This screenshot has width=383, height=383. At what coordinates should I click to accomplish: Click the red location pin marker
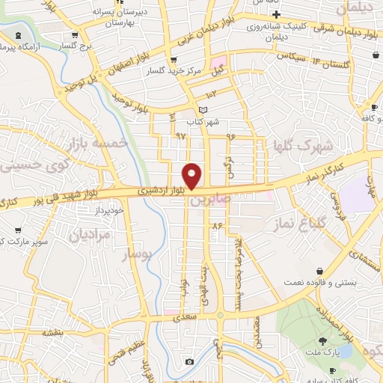point(192,176)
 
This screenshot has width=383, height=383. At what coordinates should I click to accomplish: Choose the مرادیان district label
point(90,235)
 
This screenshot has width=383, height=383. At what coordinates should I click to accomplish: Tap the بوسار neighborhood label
point(138,254)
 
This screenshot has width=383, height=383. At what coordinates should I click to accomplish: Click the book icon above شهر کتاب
point(205,110)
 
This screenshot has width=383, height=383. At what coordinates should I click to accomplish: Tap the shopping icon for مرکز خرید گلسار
point(174,60)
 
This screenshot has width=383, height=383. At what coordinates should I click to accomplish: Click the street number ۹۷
point(180,135)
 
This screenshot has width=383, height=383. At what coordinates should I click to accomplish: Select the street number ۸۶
point(218,225)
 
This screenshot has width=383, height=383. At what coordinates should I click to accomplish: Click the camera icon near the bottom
point(190,362)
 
